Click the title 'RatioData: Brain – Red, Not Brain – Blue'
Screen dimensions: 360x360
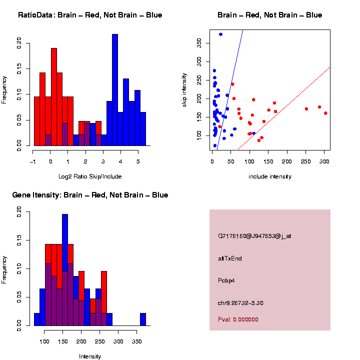[x=90, y=15]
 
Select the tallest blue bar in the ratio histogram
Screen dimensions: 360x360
[x=115, y=90]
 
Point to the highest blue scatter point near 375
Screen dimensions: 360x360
[x=220, y=34]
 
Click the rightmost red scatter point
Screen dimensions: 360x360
[x=325, y=113]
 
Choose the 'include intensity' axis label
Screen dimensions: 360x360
[x=270, y=176]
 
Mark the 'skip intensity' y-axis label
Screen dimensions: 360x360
[x=184, y=90]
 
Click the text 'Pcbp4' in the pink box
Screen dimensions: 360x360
[x=226, y=280]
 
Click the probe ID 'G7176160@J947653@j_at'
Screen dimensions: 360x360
[x=254, y=236]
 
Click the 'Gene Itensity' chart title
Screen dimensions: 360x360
[x=90, y=195]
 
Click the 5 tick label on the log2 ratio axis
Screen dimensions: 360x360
[x=138, y=161]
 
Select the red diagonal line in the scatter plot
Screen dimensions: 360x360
[x=290, y=100]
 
